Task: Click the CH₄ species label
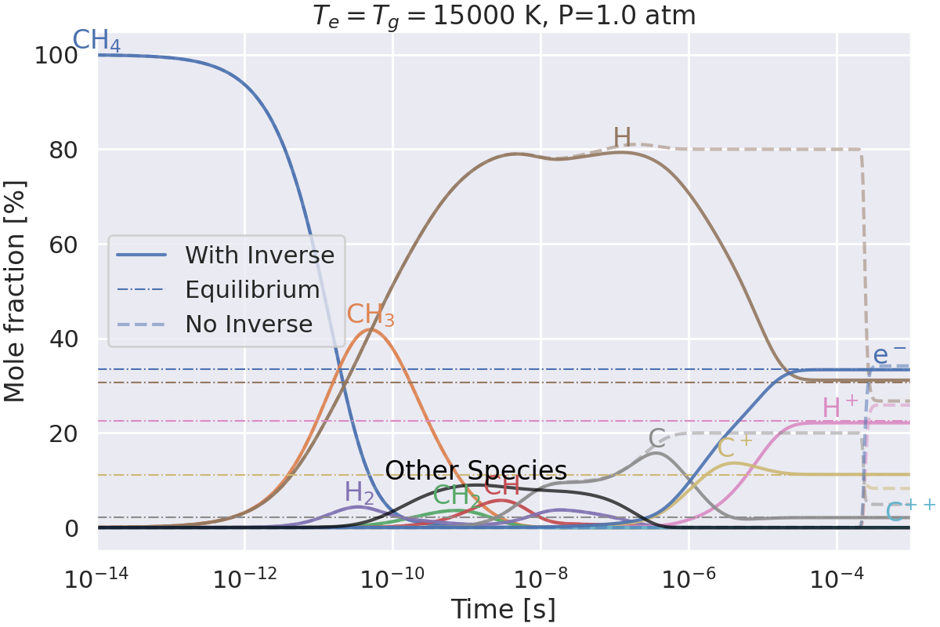97,41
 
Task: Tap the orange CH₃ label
371,315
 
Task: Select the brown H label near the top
622,137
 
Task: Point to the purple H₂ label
360,492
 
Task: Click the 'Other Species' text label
476,470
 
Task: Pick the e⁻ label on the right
890,355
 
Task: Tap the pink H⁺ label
841,408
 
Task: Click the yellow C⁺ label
735,448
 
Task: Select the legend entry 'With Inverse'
259,255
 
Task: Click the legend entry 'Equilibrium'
252,289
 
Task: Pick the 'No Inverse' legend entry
248,324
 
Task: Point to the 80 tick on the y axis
63,150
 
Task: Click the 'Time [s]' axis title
503,609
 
